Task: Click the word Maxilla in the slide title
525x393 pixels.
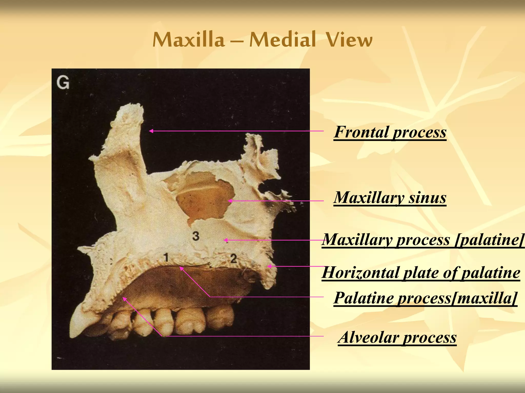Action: pyautogui.click(x=188, y=40)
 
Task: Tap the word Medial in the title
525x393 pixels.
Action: pyautogui.click(x=282, y=40)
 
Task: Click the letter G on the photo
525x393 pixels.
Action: pyautogui.click(x=63, y=83)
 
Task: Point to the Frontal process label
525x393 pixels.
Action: pyautogui.click(x=390, y=132)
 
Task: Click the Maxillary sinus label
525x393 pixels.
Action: pyautogui.click(x=390, y=198)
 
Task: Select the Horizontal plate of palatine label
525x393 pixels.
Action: pyautogui.click(x=421, y=272)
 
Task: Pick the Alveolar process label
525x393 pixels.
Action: pyautogui.click(x=397, y=337)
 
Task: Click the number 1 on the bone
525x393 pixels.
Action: pyautogui.click(x=166, y=257)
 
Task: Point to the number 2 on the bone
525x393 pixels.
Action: pyautogui.click(x=233, y=258)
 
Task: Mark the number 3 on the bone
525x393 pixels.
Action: pyautogui.click(x=196, y=236)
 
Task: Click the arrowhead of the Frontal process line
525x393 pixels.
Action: pyautogui.click(x=151, y=131)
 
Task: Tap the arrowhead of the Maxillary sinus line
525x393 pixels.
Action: pyautogui.click(x=230, y=201)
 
